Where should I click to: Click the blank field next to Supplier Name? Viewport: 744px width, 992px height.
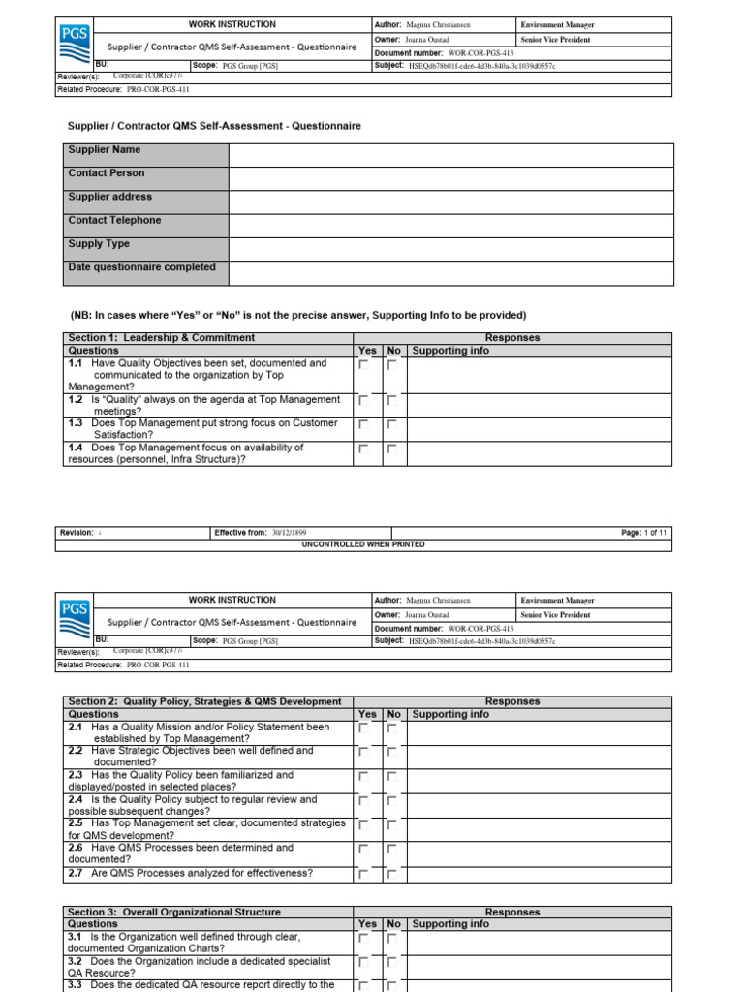click(x=450, y=155)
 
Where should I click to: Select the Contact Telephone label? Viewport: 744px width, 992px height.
click(x=114, y=221)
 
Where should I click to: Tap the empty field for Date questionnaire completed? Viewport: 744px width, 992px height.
click(x=450, y=273)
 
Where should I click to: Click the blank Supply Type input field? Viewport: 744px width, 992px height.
click(x=450, y=250)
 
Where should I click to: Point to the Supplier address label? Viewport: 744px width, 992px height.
click(x=109, y=197)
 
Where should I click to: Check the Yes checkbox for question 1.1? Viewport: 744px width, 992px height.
click(x=364, y=366)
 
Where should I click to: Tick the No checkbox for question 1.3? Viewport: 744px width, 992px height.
click(x=392, y=424)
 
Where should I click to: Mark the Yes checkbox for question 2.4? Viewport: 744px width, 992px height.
click(x=364, y=801)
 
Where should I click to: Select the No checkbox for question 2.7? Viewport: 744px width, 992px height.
click(x=392, y=874)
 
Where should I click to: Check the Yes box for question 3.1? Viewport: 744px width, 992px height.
click(x=364, y=939)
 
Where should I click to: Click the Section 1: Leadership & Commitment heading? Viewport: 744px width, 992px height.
click(x=162, y=338)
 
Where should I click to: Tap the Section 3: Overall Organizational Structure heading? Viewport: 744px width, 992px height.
click(x=174, y=912)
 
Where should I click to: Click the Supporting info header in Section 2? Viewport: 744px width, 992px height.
click(x=450, y=715)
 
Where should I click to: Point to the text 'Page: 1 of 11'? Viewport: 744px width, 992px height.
click(x=643, y=533)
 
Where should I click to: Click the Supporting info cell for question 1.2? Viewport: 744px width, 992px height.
click(x=539, y=405)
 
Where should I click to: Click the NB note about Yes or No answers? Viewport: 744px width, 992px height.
click(x=298, y=315)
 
